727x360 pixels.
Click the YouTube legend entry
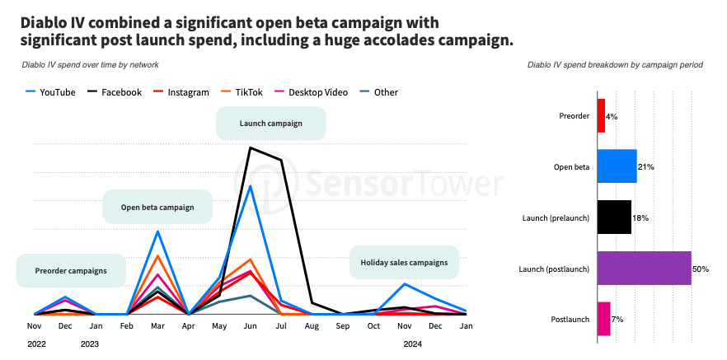click(51, 92)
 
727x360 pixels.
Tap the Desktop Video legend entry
click(315, 92)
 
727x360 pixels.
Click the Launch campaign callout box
click(270, 124)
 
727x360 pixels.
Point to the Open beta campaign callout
click(157, 207)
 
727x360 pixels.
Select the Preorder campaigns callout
click(71, 270)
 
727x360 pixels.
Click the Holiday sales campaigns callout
click(404, 263)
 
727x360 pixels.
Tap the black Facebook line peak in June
click(251, 147)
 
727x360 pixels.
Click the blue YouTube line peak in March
click(157, 231)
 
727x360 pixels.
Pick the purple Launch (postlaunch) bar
click(644, 269)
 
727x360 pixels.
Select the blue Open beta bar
click(617, 166)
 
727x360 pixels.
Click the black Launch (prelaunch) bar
click(613, 217)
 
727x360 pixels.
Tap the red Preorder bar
click(601, 116)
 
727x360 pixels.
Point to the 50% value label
click(701, 269)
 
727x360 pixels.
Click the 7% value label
click(617, 319)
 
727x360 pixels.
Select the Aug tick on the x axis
click(312, 326)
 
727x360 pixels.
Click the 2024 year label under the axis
click(413, 344)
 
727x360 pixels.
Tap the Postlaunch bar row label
click(570, 319)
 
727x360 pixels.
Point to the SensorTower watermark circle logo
click(271, 182)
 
